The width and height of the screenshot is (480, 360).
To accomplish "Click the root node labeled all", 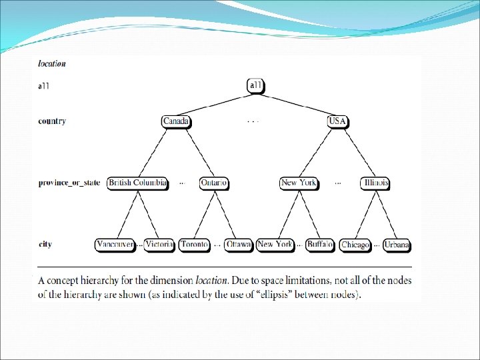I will click(x=256, y=85).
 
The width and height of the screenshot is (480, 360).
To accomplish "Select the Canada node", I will click(x=176, y=121).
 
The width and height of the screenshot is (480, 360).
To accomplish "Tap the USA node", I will click(x=337, y=121).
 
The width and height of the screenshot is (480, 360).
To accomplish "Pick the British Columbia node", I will click(x=137, y=183).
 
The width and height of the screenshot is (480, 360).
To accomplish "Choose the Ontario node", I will click(x=214, y=183).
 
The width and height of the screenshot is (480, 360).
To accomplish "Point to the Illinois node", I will click(x=376, y=183).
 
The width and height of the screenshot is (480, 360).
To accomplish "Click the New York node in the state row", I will click(x=299, y=183).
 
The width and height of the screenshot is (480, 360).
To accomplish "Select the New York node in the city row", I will click(x=275, y=245).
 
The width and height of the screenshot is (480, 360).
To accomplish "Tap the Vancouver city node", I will click(x=115, y=245).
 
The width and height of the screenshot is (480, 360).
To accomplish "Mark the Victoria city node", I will click(x=159, y=245).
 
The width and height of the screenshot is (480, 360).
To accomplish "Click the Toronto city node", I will click(x=195, y=245).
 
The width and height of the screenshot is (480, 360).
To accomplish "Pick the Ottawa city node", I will click(x=239, y=245).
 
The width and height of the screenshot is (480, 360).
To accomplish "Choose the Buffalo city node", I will click(x=320, y=245).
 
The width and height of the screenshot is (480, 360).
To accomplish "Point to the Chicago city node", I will click(x=355, y=245).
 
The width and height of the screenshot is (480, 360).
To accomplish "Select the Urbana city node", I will click(x=397, y=245).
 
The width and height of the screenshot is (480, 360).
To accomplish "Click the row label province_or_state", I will click(x=69, y=183).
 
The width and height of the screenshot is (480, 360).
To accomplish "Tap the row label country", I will click(x=52, y=121).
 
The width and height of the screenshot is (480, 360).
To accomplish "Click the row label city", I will click(x=45, y=245).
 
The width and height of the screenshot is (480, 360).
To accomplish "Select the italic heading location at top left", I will click(x=52, y=64).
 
